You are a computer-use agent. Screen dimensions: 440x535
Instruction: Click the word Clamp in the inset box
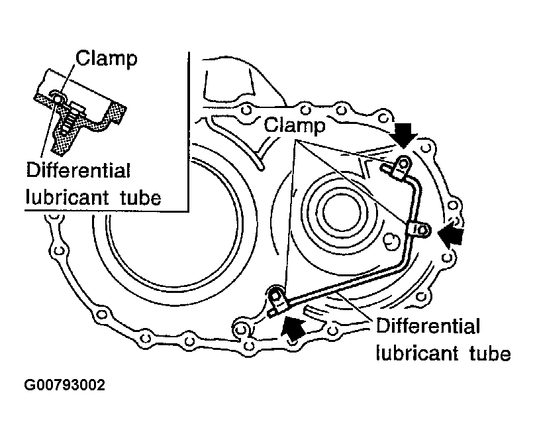(x=107, y=59)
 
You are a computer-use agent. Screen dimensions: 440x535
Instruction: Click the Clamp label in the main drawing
(x=295, y=125)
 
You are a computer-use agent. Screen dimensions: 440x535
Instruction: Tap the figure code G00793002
(x=65, y=385)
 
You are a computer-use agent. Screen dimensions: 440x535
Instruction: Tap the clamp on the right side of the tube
(x=420, y=229)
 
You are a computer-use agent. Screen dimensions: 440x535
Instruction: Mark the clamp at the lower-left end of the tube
(x=277, y=302)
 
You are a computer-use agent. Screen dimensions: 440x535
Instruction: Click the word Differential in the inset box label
(x=78, y=170)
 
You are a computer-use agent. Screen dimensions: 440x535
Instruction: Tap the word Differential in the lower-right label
(x=426, y=327)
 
